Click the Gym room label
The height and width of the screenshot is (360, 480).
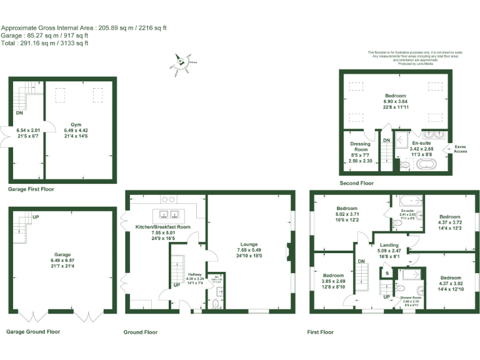coord(76,124)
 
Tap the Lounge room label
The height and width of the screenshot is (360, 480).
coord(248,245)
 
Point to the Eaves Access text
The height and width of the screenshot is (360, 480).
coord(460,149)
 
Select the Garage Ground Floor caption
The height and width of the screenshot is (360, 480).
coord(33,332)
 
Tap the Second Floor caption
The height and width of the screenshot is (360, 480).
coord(356,183)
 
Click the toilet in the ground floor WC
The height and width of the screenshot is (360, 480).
coord(215,304)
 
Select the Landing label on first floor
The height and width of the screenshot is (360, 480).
coord(389,246)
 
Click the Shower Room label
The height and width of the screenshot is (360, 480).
coord(411,297)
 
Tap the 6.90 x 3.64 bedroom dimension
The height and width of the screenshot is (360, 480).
coord(395,101)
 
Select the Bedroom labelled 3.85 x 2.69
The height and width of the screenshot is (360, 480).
coord(333,275)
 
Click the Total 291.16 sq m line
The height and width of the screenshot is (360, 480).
coord(44,43)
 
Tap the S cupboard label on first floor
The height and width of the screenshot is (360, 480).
coord(387,273)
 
